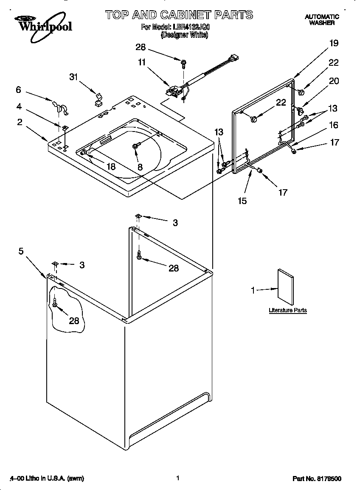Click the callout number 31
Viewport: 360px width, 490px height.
click(x=74, y=77)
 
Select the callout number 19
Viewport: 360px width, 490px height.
click(x=334, y=43)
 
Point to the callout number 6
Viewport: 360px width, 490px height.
click(x=18, y=90)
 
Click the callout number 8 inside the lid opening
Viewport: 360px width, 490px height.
click(x=140, y=167)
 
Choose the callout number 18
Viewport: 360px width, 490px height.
click(x=111, y=167)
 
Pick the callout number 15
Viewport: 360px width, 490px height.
click(x=242, y=201)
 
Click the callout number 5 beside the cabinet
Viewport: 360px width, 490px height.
click(x=21, y=251)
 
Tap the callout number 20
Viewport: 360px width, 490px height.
click(x=334, y=81)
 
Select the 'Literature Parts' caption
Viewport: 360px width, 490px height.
click(x=287, y=311)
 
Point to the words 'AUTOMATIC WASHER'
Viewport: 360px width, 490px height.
click(x=322, y=20)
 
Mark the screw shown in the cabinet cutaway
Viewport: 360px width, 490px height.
click(x=55, y=302)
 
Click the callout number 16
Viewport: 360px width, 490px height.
click(x=334, y=125)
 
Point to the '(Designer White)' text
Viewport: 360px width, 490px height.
click(x=184, y=35)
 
